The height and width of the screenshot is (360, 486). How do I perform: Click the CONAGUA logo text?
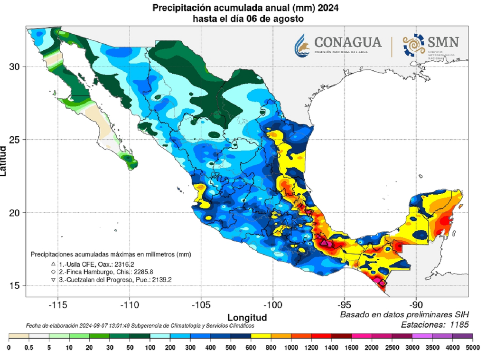(348, 42)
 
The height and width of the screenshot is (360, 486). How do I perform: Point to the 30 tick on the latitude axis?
(14, 66)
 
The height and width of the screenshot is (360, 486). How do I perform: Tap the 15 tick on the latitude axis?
(14, 285)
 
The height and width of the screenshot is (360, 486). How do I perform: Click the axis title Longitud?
(247, 317)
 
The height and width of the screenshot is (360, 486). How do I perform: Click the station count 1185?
(458, 325)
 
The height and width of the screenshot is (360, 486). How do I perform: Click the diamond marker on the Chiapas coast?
(383, 283)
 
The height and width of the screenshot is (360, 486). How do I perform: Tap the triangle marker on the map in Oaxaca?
(324, 243)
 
